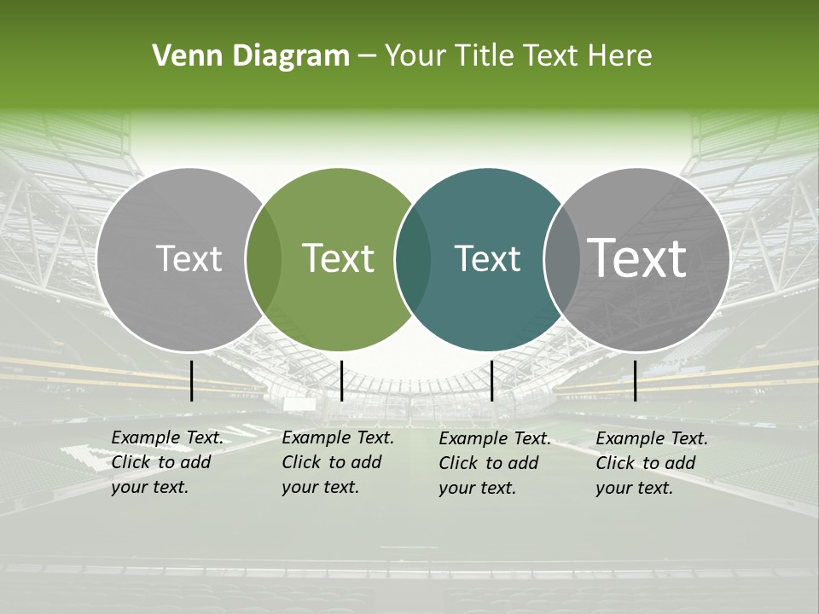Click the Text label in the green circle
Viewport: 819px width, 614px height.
339,258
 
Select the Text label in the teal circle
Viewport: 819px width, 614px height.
487,258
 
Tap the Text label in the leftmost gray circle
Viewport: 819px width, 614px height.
189,258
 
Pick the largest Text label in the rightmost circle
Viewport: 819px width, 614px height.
637,258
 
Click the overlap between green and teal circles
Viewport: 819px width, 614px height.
413,259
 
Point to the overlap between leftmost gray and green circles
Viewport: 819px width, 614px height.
264,259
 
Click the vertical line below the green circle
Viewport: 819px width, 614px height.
341,380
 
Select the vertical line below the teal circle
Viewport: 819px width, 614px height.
492,380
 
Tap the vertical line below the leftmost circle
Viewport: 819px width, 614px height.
192,380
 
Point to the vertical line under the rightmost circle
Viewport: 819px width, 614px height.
635,380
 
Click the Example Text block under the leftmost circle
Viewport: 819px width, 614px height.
166,462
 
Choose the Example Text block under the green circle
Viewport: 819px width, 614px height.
337,462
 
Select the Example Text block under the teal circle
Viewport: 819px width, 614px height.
495,463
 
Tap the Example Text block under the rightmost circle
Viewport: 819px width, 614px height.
651,463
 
